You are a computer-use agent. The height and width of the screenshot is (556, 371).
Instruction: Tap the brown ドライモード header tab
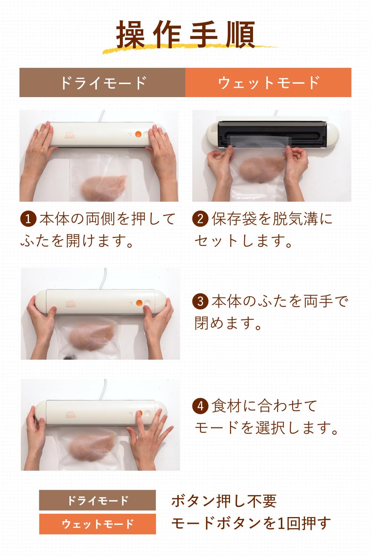coord(102,82)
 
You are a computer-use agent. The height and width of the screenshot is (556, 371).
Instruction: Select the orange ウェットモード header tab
coord(268,82)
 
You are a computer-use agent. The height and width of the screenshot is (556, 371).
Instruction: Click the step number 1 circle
coord(28,219)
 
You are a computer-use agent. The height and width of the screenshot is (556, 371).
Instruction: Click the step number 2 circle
coord(200,219)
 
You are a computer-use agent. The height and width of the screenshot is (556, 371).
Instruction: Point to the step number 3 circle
coord(200,301)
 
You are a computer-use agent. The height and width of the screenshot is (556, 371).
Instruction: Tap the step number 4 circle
coord(200,406)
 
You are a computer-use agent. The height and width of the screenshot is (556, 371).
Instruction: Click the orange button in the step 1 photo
coord(138,135)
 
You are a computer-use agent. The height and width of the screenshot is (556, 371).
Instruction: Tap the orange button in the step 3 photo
coord(139,303)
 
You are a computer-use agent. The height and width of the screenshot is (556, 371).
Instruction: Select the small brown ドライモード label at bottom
coord(97,500)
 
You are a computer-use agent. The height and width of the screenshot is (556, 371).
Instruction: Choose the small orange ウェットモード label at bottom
coord(97,524)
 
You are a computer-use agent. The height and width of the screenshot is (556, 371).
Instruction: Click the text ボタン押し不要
coord(224,501)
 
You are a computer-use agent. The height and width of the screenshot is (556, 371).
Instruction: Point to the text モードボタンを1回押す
coord(251,523)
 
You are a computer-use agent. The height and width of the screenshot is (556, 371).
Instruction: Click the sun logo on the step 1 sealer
coord(69,135)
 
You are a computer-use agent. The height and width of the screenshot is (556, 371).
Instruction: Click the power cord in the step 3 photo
coord(105,278)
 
